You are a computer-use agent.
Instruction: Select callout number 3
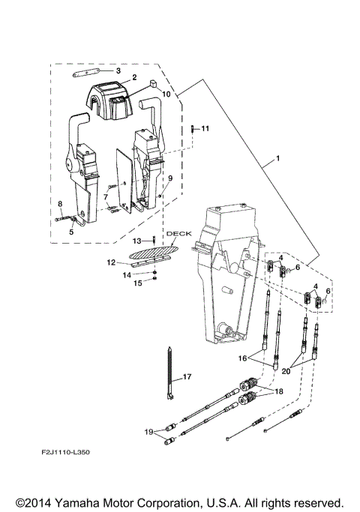point(117,70)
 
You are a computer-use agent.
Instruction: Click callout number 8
point(59,203)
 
